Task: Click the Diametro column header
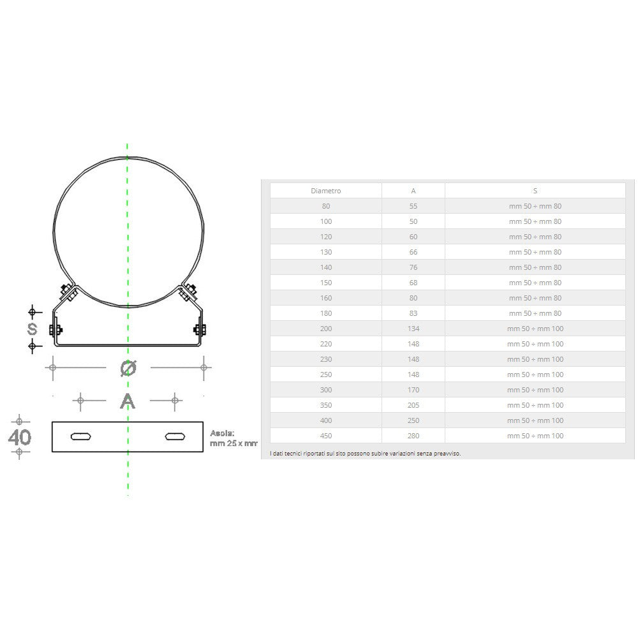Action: [325, 191]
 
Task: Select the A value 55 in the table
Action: [413, 206]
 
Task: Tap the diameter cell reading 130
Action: [326, 252]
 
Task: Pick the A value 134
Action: [413, 329]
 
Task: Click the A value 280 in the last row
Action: [413, 436]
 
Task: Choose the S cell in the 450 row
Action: [535, 436]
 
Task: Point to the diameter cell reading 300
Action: [326, 390]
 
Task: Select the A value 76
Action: [413, 267]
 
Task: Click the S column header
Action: [535, 191]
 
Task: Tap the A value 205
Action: [413, 405]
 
